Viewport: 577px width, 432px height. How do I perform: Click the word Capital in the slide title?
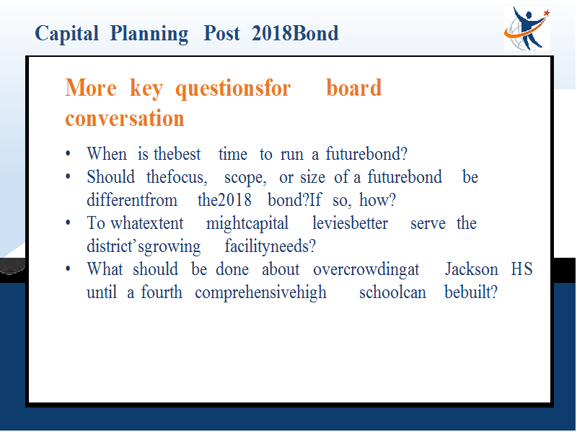(66, 34)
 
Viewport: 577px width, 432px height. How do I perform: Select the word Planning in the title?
(149, 34)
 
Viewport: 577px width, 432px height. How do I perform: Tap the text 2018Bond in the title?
(295, 33)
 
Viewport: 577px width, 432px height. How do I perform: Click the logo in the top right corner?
(527, 29)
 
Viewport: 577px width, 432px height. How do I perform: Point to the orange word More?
(91, 88)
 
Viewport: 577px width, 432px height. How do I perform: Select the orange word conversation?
(124, 118)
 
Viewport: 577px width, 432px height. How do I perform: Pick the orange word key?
(146, 89)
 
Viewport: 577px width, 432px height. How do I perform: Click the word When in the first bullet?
(107, 153)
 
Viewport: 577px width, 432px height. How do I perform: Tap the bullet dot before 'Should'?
(68, 177)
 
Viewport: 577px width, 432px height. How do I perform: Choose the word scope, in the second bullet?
(245, 178)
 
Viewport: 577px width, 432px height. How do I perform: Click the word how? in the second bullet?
(377, 200)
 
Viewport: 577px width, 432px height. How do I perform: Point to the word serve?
(428, 224)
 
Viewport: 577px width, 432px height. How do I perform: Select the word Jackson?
(472, 269)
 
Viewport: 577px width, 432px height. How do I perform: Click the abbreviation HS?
(521, 269)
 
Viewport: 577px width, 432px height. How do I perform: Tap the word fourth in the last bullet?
(162, 292)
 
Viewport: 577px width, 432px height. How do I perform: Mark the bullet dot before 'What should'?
(68, 269)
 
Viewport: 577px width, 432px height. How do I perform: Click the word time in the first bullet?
(232, 154)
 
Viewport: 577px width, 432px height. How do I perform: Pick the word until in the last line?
(102, 292)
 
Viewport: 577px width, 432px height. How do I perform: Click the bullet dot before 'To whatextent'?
(68, 223)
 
